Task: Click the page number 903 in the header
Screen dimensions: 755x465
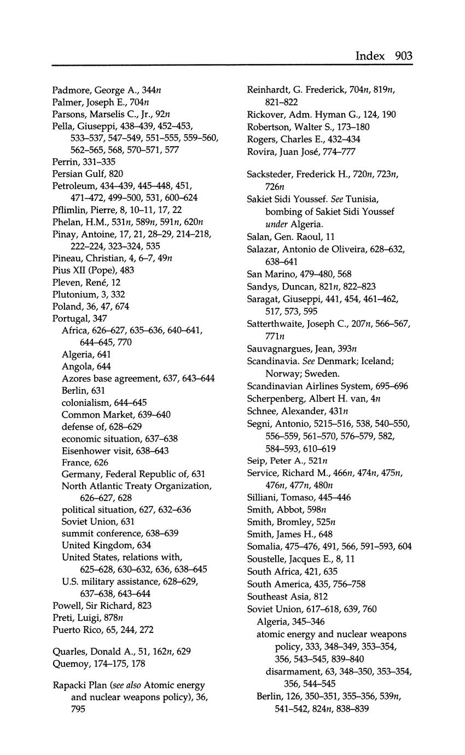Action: pyautogui.click(x=402, y=56)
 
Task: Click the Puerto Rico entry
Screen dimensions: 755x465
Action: pyautogui.click(x=76, y=630)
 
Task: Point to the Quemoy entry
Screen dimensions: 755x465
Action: pyautogui.click(x=71, y=664)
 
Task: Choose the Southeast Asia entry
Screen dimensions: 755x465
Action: pyautogui.click(x=277, y=596)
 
